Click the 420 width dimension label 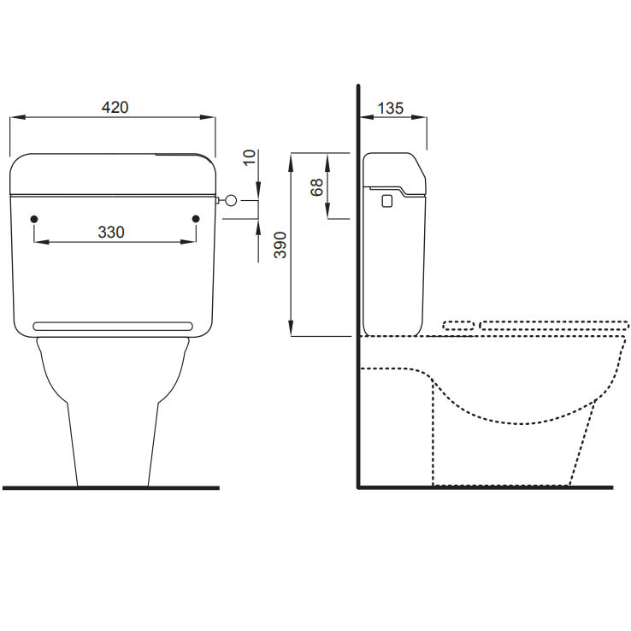(115, 108)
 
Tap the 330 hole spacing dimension (111, 232)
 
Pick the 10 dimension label (249, 156)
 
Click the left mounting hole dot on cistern (34, 220)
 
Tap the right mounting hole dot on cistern (196, 220)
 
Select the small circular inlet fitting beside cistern (229, 200)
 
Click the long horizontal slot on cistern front (112, 326)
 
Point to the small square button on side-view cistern (386, 200)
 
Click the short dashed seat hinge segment (458, 325)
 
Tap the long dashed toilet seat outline (554, 325)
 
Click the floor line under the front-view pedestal (111, 488)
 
